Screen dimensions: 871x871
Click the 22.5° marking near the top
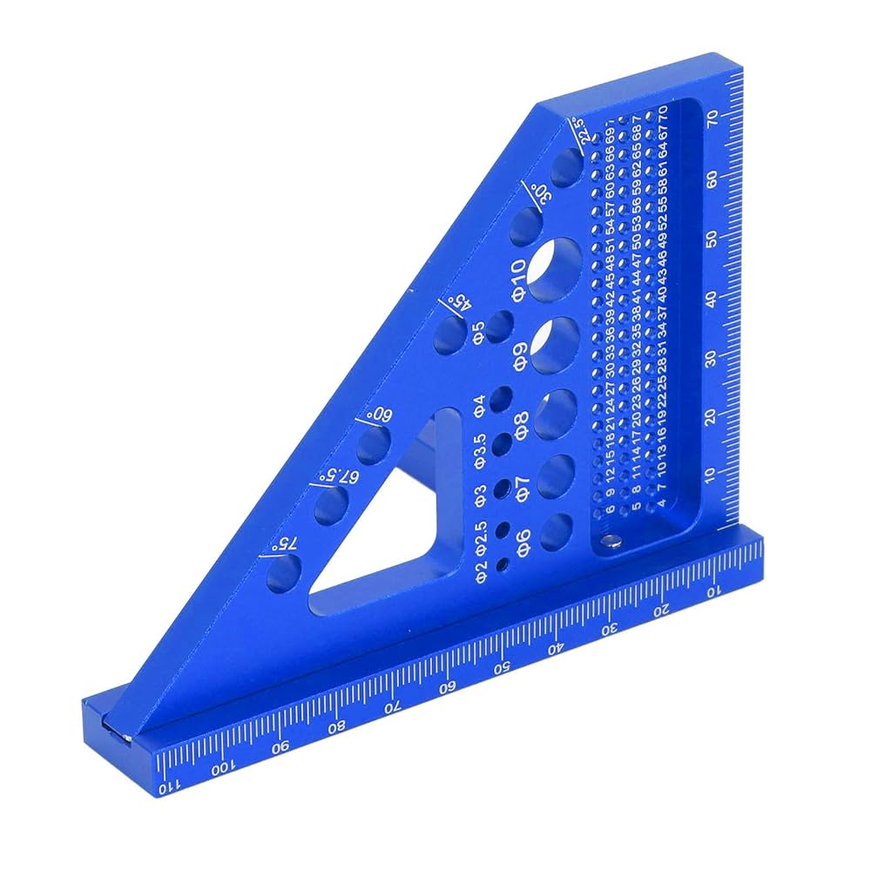[x=585, y=132]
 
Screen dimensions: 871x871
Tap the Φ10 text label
[x=517, y=280]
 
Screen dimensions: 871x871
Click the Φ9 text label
[x=517, y=356]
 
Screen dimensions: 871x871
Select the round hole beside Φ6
[x=557, y=532]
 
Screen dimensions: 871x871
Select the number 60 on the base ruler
[x=448, y=687]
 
